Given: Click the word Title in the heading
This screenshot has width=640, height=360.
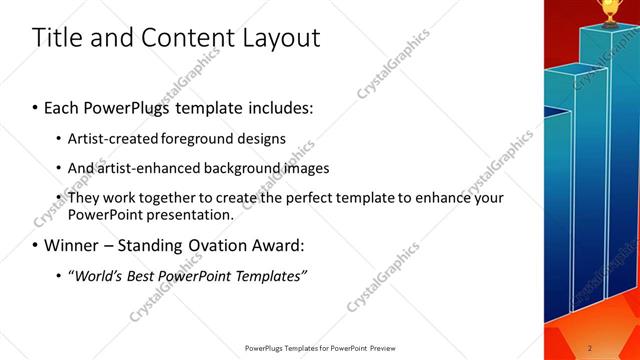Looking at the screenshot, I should [x=56, y=38].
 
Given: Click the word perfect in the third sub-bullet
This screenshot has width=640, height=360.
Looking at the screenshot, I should [x=290, y=198].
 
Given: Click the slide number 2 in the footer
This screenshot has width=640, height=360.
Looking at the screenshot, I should [x=590, y=347].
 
